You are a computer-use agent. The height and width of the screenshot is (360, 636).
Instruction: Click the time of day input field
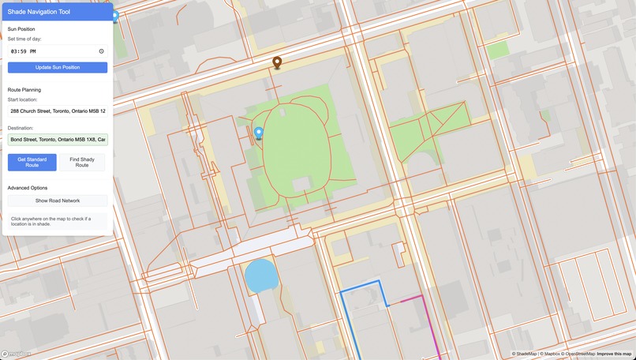(x=57, y=51)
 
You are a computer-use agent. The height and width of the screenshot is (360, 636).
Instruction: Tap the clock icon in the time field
(x=101, y=51)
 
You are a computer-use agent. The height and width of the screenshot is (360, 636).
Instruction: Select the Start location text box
(x=57, y=111)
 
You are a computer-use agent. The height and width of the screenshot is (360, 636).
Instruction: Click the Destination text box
(x=57, y=139)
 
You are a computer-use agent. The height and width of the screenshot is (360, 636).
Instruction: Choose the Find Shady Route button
(x=82, y=163)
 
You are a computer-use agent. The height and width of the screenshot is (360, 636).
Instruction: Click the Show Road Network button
(x=57, y=201)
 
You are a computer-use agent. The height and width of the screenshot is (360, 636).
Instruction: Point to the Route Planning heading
(x=24, y=90)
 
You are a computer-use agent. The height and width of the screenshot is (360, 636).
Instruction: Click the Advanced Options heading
(x=28, y=188)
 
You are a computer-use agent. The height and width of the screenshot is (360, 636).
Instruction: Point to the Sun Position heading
(x=21, y=29)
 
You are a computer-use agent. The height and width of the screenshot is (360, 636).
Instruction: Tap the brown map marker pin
(x=277, y=62)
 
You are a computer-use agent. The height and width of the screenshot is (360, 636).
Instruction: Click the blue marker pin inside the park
(x=258, y=133)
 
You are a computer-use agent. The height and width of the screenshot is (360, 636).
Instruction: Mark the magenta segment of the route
(x=431, y=328)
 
